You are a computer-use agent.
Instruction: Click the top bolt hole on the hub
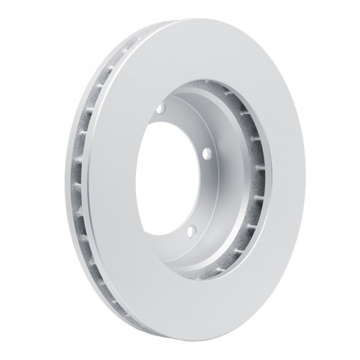(x=160, y=109)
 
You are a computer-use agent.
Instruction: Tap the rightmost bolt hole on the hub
(x=206, y=153)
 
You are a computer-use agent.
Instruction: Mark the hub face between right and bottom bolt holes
(x=206, y=194)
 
